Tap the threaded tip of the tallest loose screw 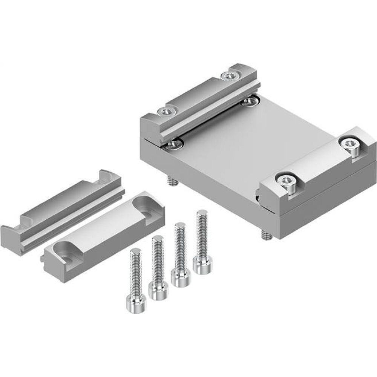pos(202,214)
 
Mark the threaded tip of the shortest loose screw pos(134,252)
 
